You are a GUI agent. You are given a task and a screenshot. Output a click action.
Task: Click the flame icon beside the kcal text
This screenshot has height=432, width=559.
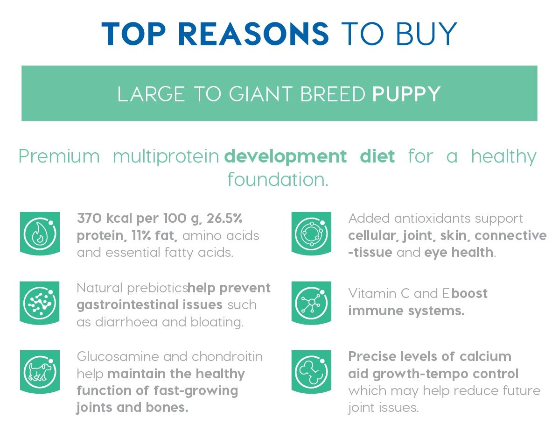[40, 234]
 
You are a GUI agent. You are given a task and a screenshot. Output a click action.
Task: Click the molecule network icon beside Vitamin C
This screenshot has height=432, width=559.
[311, 303]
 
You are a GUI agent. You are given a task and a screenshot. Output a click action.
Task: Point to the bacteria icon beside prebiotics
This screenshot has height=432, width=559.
[40, 303]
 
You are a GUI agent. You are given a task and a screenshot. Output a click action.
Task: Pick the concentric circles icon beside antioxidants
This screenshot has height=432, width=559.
[311, 234]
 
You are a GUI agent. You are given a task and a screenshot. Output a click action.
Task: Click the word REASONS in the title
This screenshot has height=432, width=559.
[253, 34]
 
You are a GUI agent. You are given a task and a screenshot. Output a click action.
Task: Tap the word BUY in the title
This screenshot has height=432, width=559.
[426, 34]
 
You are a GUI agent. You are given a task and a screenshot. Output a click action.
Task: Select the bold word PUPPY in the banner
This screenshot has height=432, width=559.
[406, 94]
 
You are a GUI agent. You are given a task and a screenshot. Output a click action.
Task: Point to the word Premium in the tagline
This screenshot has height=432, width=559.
[59, 156]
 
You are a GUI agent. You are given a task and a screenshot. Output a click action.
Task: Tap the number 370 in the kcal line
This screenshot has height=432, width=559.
[90, 218]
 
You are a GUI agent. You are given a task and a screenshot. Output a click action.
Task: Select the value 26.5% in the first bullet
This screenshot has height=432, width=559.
[224, 218]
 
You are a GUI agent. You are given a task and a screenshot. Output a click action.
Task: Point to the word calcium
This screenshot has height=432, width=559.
[485, 356]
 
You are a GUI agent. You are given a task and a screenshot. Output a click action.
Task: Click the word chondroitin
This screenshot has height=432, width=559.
[227, 356]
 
